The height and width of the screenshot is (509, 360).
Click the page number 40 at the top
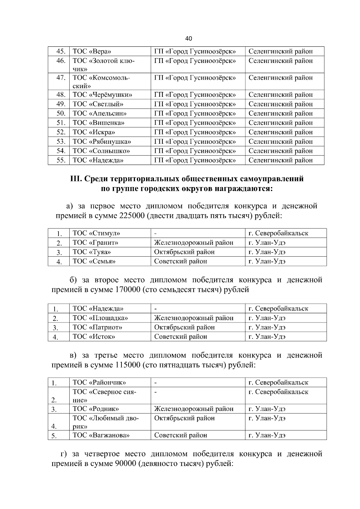click(x=189, y=39)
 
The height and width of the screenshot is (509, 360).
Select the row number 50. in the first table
click(x=61, y=114)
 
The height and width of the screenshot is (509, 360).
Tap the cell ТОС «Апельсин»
click(x=99, y=114)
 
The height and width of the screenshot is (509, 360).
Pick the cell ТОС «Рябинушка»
click(x=102, y=141)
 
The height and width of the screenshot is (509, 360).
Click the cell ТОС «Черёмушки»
click(x=102, y=95)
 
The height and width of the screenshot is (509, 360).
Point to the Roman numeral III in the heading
click(x=75, y=179)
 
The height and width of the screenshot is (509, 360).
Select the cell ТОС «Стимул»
click(x=96, y=233)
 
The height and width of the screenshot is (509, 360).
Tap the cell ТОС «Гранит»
click(x=95, y=243)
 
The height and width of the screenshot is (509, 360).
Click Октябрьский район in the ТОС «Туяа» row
click(x=184, y=252)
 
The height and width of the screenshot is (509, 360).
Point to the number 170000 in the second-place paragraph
click(x=127, y=290)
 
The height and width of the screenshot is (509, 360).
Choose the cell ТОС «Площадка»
click(x=100, y=318)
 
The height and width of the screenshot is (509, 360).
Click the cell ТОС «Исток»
click(x=94, y=337)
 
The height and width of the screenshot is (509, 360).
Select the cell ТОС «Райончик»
click(x=99, y=382)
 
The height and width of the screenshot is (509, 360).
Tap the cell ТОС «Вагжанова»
click(x=101, y=435)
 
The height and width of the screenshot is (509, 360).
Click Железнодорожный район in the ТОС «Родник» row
click(x=193, y=409)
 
